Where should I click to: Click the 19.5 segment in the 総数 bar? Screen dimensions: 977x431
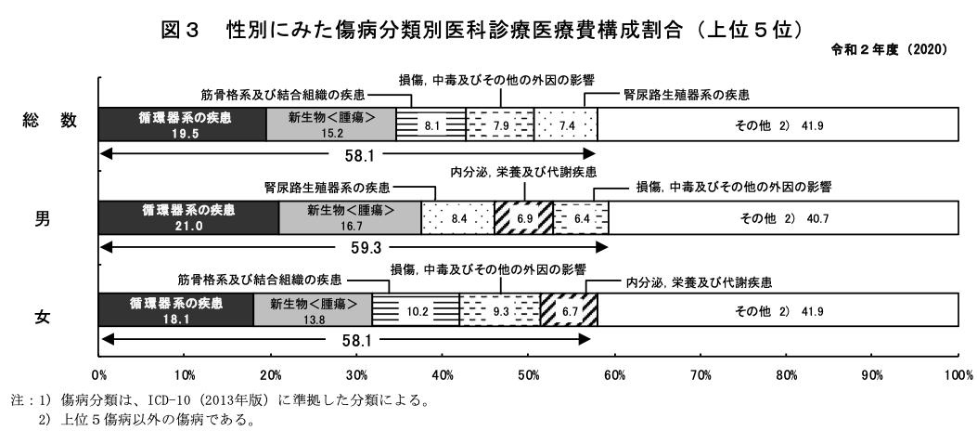[x=183, y=124]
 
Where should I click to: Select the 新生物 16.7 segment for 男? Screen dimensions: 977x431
[x=350, y=217]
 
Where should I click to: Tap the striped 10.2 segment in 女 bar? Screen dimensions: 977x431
[x=416, y=310]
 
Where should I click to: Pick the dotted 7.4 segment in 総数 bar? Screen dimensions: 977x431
[x=566, y=124]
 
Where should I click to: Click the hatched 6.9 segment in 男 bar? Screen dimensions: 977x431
[x=523, y=217]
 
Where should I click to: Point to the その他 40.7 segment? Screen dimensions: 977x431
[x=784, y=217]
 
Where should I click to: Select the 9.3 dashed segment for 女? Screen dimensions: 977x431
[x=500, y=310]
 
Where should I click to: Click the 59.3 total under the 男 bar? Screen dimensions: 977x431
[x=366, y=248]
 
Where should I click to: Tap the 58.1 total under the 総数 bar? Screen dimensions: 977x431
[x=358, y=156]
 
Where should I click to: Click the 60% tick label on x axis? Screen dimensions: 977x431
[x=615, y=375]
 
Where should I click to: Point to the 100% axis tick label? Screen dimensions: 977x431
[x=959, y=375]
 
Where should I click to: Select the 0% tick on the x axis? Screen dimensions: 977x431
[x=99, y=375]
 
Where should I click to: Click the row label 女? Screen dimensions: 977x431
[x=43, y=317]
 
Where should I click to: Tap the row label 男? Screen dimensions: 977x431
[x=43, y=219]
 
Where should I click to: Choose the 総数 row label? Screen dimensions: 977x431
[x=50, y=121]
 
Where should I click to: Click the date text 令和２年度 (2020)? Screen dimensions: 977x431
[x=889, y=50]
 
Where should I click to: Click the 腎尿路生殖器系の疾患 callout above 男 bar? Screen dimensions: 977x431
[x=328, y=187]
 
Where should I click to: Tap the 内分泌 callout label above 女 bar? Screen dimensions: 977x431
[x=699, y=282]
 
